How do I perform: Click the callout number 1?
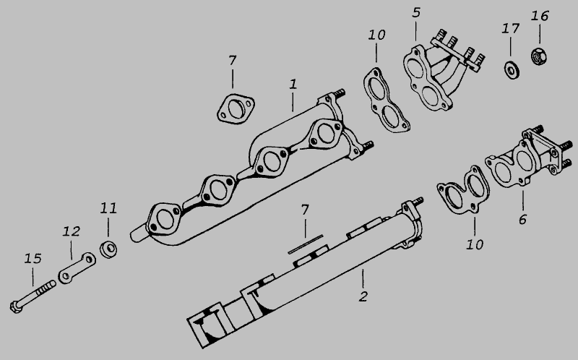(x=293, y=84)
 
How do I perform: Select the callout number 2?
(x=363, y=296)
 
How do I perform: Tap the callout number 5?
(x=416, y=12)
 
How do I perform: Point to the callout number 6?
(x=522, y=220)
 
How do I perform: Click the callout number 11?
(x=108, y=209)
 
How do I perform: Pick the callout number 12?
(x=71, y=231)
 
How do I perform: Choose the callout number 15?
(x=33, y=259)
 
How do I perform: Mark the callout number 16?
(x=540, y=16)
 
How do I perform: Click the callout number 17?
(x=511, y=28)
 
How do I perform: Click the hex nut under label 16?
(x=539, y=57)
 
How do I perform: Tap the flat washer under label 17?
(x=512, y=70)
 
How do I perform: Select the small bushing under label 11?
(x=108, y=249)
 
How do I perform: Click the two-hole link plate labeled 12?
(x=77, y=268)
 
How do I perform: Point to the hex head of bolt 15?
(x=16, y=307)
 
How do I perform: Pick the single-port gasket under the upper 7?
(x=236, y=109)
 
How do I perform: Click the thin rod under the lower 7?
(x=306, y=244)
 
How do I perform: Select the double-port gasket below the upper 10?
(x=387, y=100)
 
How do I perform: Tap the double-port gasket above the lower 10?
(x=463, y=190)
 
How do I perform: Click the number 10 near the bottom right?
(x=475, y=244)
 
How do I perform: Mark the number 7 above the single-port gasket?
(x=232, y=60)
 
